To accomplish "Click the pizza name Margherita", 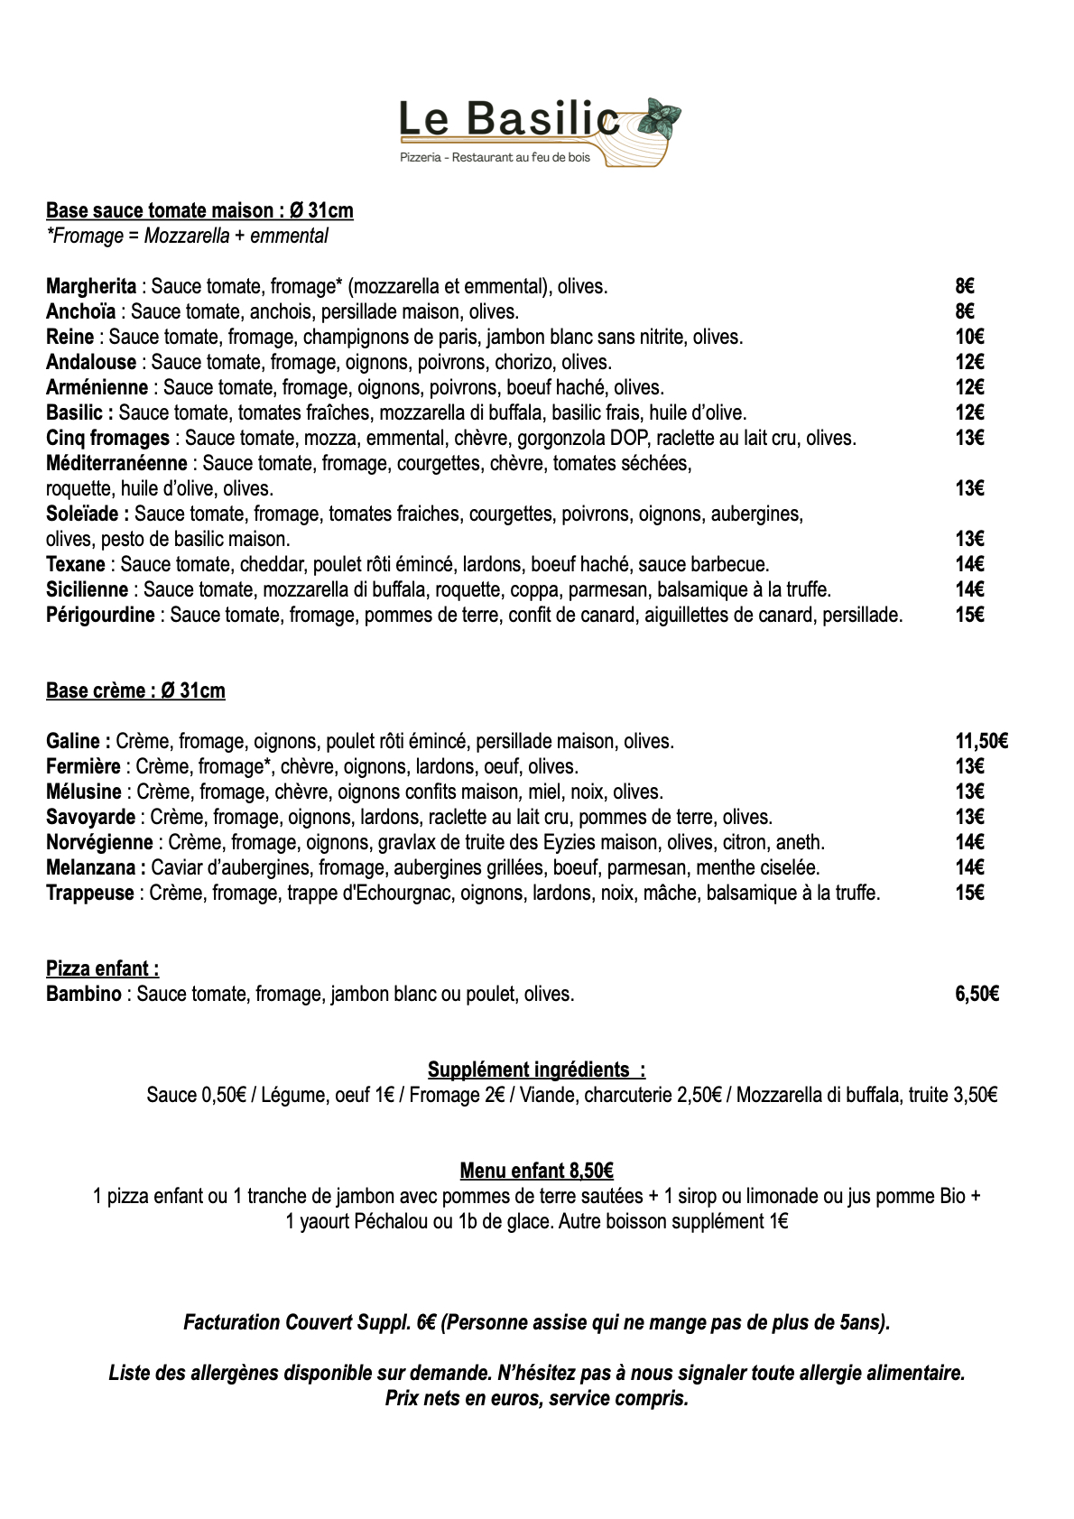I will coord(91,287).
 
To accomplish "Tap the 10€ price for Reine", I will coord(969,338).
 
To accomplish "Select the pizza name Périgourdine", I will coord(100,616).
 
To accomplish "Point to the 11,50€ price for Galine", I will coord(981,742).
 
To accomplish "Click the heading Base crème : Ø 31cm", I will coord(135,691).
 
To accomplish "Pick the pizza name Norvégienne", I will coord(99,843).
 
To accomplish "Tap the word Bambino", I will coord(83,995).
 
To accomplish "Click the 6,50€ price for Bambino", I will coord(977,995).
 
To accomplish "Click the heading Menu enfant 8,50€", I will coord(536,1172).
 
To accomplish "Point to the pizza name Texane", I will coord(76,565).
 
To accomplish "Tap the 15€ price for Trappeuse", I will coord(969,894).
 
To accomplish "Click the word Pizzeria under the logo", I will coord(421,158).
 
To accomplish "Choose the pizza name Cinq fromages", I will coord(107,439).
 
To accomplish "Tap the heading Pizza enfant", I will coord(102,969).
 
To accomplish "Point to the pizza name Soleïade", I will coord(87,514).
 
